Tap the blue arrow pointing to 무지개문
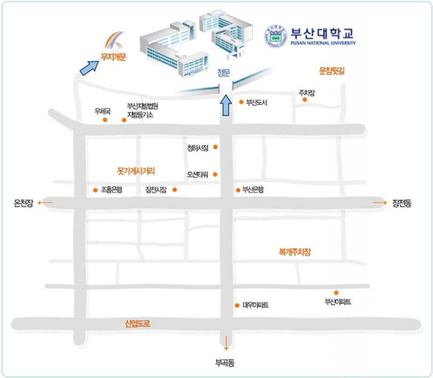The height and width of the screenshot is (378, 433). tap(89, 67)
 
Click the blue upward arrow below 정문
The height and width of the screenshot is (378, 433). tap(226, 106)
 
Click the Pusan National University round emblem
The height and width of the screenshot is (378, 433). tap(276, 36)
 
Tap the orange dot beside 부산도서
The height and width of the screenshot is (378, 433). tap(241, 102)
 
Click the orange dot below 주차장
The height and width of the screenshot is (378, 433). tap(304, 100)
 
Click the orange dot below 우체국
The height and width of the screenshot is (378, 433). tap(105, 120)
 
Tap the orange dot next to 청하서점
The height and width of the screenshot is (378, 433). tap(216, 147)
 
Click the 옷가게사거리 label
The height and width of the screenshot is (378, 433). tap(136, 171)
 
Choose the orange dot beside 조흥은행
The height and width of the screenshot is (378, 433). tap(95, 190)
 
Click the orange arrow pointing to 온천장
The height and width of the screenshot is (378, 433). tap(45, 202)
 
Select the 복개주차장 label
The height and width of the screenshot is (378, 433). tap(295, 252)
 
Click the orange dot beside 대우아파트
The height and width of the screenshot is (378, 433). tap(237, 306)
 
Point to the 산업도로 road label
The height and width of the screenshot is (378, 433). tap(138, 324)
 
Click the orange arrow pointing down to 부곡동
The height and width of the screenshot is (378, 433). tap(226, 343)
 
